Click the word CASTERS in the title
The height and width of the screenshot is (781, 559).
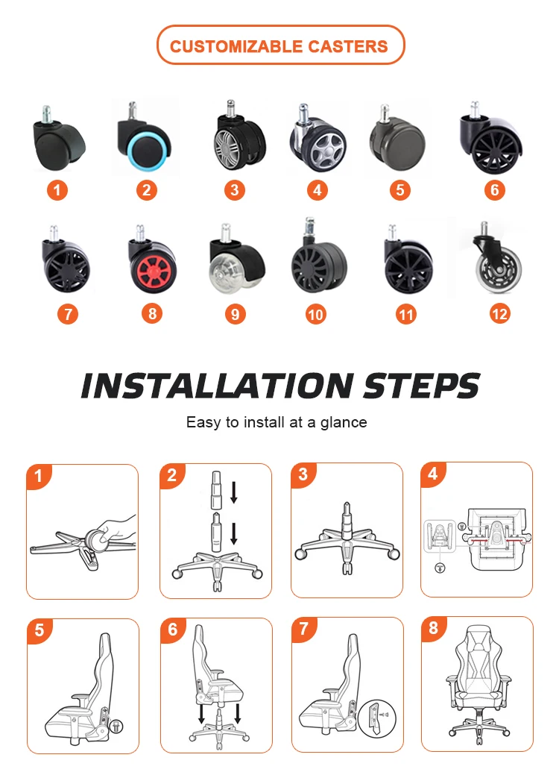(x=347, y=46)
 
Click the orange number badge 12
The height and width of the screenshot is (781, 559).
(x=499, y=314)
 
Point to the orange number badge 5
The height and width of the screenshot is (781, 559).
(x=399, y=189)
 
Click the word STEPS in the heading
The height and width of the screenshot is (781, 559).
(x=421, y=386)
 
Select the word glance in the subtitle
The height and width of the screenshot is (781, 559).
(x=344, y=422)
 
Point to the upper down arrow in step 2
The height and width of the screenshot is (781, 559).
(x=233, y=492)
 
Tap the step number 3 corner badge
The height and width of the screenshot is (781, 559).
(x=303, y=474)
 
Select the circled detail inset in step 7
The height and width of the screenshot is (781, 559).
(x=377, y=718)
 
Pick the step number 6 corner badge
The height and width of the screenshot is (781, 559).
(x=172, y=630)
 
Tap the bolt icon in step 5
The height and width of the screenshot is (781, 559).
(x=117, y=726)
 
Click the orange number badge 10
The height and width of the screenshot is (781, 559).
(x=315, y=314)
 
